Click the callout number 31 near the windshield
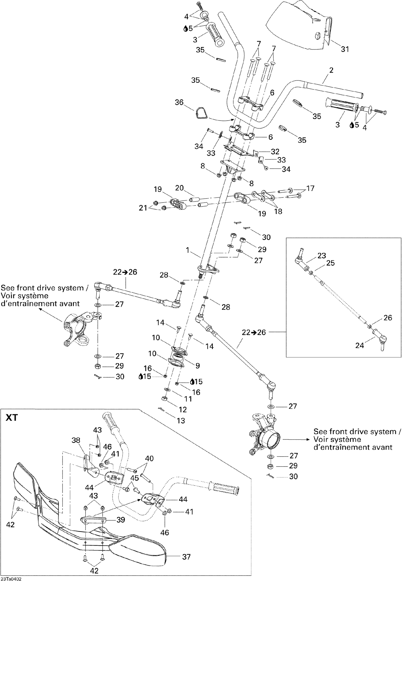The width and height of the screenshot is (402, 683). tap(345, 49)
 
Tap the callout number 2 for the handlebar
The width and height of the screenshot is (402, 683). tap(331, 70)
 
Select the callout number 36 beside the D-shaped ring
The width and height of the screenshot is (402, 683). tap(179, 102)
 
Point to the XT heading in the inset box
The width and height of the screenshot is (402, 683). tap(12, 418)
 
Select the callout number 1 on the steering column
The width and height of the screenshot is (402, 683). tap(187, 250)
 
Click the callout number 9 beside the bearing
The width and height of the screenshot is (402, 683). tap(198, 366)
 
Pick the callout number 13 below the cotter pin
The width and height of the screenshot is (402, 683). tap(181, 421)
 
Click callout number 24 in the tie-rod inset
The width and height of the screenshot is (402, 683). tap(359, 345)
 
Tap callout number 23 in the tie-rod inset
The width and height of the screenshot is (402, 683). tap(322, 255)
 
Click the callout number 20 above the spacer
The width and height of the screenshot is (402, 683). tap(180, 188)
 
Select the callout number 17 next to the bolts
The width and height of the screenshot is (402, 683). tap(310, 188)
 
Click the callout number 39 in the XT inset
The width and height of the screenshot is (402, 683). tap(121, 520)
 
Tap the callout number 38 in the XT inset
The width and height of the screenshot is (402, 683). tap(76, 440)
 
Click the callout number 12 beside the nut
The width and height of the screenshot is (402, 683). tap(183, 409)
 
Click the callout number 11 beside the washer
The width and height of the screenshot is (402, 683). tap(188, 399)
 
